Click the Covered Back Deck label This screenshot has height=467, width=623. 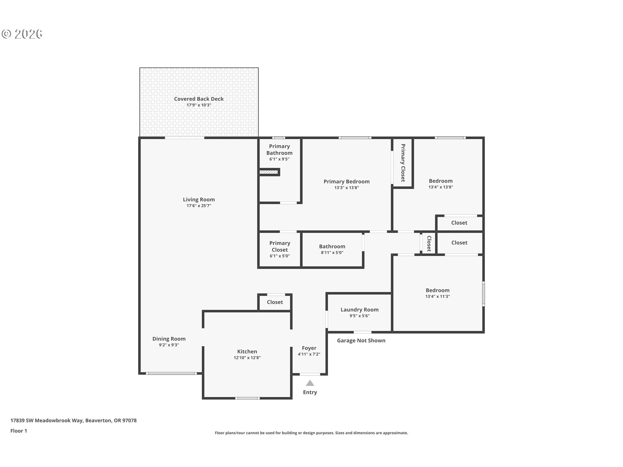(x=199, y=99)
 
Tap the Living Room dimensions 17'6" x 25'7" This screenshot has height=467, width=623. (x=199, y=206)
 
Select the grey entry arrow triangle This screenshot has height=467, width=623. (x=310, y=383)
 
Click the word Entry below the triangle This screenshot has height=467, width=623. (x=310, y=392)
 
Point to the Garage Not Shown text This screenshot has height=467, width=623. (x=361, y=341)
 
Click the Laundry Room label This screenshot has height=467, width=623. (x=359, y=310)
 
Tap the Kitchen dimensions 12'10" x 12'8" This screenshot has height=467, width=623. (x=247, y=358)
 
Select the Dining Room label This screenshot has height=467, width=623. (x=169, y=339)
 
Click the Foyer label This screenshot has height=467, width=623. (x=309, y=348)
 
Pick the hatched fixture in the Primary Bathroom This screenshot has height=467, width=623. (x=269, y=172)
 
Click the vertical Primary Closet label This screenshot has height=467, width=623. (x=403, y=163)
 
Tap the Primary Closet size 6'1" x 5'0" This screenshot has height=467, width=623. (x=279, y=256)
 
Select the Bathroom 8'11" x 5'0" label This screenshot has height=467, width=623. (x=332, y=249)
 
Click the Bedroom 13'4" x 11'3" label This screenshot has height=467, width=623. (x=437, y=293)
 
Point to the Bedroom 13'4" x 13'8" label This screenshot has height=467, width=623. (x=440, y=184)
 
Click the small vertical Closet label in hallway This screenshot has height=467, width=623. (x=429, y=244)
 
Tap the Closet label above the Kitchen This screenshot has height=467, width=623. (x=275, y=302)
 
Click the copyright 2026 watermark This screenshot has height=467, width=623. (x=22, y=34)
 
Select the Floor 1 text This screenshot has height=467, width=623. (x=18, y=431)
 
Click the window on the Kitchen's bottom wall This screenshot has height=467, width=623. (x=247, y=398)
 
